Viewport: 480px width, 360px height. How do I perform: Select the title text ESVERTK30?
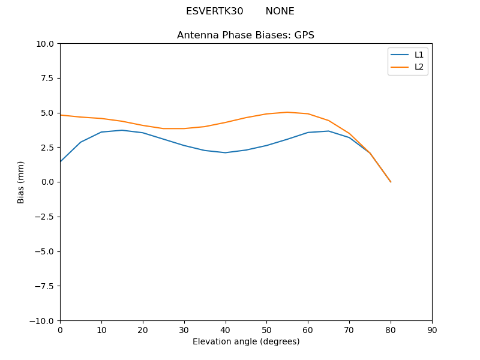[x=214, y=11]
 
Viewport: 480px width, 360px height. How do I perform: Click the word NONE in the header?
[x=280, y=11]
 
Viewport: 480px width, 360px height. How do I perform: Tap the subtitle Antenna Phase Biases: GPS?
[x=245, y=35]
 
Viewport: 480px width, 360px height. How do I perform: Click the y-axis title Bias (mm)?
[x=21, y=182]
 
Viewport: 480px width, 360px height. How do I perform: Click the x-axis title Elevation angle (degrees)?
[x=245, y=341]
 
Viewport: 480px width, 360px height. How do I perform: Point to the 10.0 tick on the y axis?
[x=46, y=44]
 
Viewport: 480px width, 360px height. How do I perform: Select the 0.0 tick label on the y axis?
[x=48, y=182]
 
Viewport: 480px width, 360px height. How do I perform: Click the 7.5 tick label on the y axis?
[x=48, y=78]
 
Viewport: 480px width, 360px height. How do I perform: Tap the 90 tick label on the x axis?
[x=431, y=330]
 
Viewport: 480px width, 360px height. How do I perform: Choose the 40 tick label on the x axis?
[x=225, y=330]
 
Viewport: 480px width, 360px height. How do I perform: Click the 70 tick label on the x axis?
[x=349, y=330]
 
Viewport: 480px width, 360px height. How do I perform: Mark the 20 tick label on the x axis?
[x=143, y=330]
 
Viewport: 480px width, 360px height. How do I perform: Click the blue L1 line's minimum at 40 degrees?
[x=225, y=152]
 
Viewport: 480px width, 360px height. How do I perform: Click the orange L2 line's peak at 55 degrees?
[x=287, y=112]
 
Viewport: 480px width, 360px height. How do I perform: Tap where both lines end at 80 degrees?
[x=391, y=182]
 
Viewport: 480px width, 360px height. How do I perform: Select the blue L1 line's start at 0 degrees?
[x=61, y=161]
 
